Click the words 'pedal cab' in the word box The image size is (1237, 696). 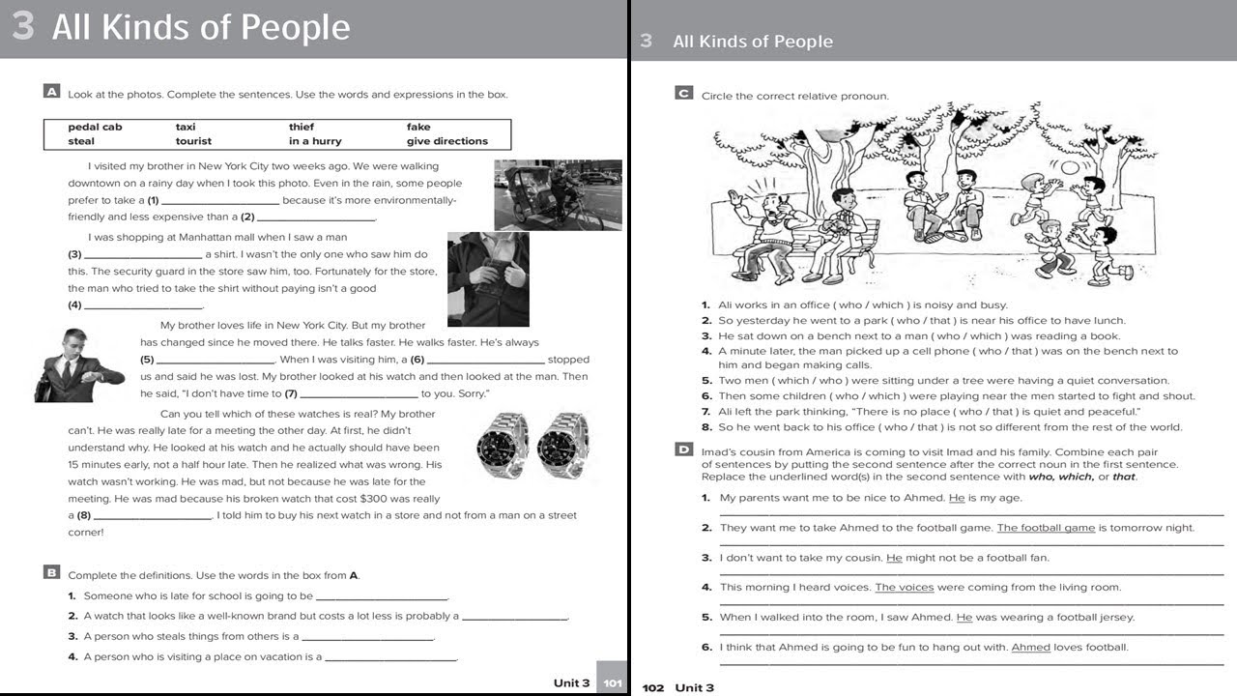95,127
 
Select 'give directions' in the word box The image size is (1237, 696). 446,141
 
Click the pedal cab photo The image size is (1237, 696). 558,194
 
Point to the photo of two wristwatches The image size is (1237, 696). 533,446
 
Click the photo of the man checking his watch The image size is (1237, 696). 78,365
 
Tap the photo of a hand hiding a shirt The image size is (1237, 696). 488,279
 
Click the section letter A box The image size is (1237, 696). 52,92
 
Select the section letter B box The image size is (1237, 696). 52,572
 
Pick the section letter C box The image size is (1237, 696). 683,94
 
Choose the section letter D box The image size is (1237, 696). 683,449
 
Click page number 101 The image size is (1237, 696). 612,682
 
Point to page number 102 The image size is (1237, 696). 653,687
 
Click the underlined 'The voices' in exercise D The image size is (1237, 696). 904,587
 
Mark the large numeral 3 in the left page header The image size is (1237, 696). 23,27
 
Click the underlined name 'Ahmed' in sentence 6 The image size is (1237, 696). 1030,648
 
